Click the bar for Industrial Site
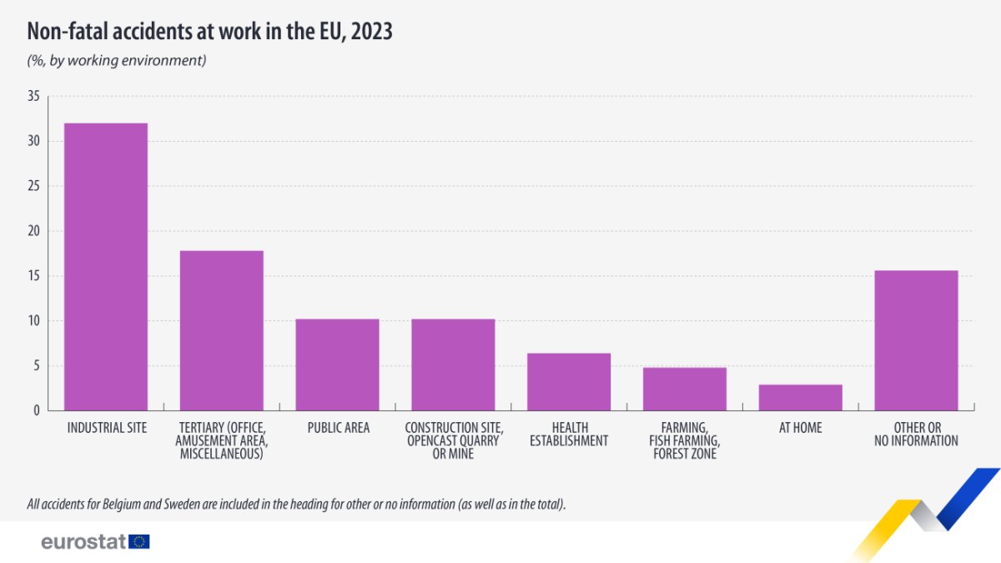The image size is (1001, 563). pyautogui.click(x=106, y=267)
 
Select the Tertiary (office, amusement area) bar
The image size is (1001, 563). pyautogui.click(x=222, y=330)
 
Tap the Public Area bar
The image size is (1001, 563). pyautogui.click(x=337, y=364)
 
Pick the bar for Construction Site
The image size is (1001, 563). pyautogui.click(x=453, y=364)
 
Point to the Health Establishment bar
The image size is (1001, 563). pyautogui.click(x=569, y=382)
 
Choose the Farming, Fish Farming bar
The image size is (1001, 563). pyautogui.click(x=685, y=389)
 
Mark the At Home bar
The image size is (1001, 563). pyautogui.click(x=801, y=398)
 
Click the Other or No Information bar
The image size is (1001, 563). pyautogui.click(x=916, y=340)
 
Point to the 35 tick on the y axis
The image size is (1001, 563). pyautogui.click(x=33, y=97)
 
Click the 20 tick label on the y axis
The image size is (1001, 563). pyautogui.click(x=33, y=231)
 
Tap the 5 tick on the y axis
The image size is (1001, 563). pyautogui.click(x=37, y=365)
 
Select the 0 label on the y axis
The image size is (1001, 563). pyautogui.click(x=37, y=410)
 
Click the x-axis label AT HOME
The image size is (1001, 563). pyautogui.click(x=801, y=428)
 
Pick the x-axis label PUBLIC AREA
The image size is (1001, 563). pyautogui.click(x=337, y=428)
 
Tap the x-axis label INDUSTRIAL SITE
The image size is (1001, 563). pyautogui.click(x=106, y=428)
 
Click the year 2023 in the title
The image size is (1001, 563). pyautogui.click(x=372, y=32)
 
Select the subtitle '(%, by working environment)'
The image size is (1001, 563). pyautogui.click(x=117, y=60)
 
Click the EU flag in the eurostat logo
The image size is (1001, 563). pyautogui.click(x=139, y=542)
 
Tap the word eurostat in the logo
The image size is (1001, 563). pyautogui.click(x=83, y=542)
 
